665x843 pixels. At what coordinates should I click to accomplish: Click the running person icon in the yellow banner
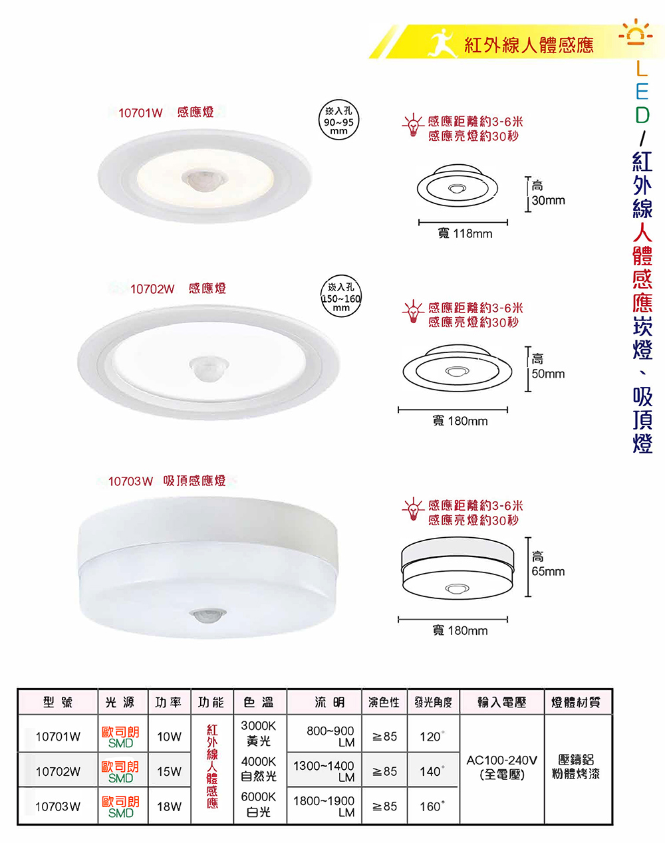click(443, 43)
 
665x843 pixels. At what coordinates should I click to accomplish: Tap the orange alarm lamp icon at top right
click(636, 32)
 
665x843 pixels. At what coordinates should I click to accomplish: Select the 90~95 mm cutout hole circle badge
click(338, 120)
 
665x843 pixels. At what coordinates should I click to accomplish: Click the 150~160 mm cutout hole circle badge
click(341, 296)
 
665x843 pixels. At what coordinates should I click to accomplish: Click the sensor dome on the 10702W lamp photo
click(209, 368)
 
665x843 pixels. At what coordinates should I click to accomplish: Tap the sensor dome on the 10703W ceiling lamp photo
click(209, 616)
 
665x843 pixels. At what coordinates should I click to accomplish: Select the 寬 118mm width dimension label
click(465, 234)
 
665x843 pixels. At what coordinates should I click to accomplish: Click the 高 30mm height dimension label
click(548, 193)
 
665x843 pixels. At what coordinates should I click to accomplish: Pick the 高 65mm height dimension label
click(548, 564)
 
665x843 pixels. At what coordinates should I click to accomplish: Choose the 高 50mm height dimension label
click(548, 367)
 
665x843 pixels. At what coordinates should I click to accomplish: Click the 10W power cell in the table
click(170, 737)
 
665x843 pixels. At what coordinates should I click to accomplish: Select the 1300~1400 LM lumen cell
click(324, 771)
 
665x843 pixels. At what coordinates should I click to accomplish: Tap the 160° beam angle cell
click(433, 806)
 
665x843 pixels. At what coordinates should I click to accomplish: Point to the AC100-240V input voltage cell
click(501, 767)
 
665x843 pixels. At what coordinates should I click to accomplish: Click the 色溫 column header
click(259, 702)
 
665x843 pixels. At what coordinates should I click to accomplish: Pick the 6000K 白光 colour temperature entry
click(259, 804)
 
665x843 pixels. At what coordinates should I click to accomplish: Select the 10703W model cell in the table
click(58, 806)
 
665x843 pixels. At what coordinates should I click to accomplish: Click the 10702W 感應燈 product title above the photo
click(178, 289)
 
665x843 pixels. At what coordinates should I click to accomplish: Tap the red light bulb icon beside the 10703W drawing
click(413, 509)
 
